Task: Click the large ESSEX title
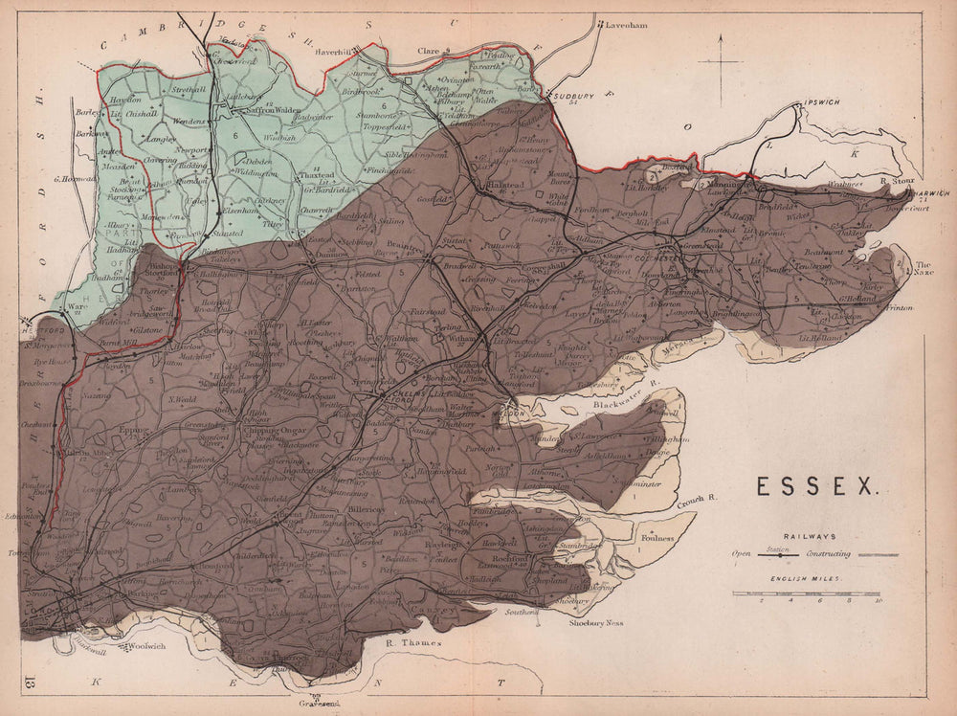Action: (x=818, y=486)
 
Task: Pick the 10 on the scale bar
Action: (x=878, y=601)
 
